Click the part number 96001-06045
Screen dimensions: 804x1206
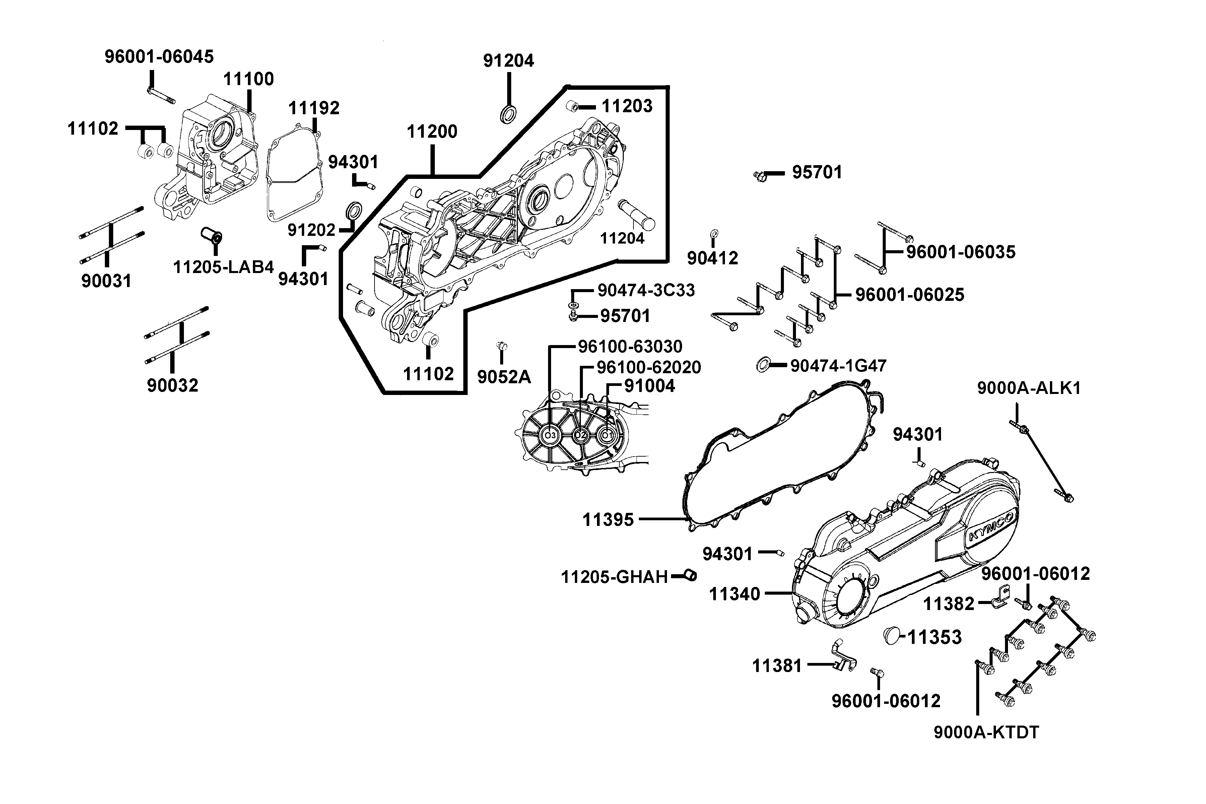(x=159, y=56)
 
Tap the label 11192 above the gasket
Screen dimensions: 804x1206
(x=314, y=108)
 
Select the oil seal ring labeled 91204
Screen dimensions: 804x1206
(x=508, y=114)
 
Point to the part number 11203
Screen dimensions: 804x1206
(x=626, y=106)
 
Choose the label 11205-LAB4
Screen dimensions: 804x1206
(x=223, y=267)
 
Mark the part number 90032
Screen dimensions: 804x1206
(x=172, y=385)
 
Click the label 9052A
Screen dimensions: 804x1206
(x=504, y=377)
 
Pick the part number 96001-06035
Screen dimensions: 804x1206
(x=960, y=252)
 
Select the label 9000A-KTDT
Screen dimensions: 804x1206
(x=986, y=733)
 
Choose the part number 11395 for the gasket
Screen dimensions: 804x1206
(x=608, y=520)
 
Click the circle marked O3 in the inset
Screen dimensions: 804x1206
(x=550, y=435)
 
